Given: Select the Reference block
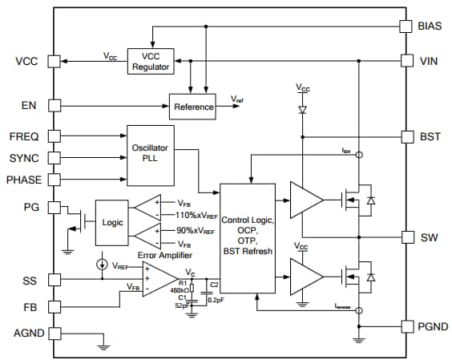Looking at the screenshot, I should (x=192, y=107).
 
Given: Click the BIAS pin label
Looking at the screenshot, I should (x=429, y=26).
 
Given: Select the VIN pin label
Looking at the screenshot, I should (x=428, y=61).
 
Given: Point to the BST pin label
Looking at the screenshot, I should (x=429, y=136).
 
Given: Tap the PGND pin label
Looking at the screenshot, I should (x=431, y=326).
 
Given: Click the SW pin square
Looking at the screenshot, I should (x=406, y=238).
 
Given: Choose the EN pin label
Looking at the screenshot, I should (x=29, y=105).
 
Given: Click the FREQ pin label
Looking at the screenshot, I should (x=24, y=136).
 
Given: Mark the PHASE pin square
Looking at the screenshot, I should (x=54, y=180).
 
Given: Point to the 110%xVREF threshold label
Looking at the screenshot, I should (x=196, y=215).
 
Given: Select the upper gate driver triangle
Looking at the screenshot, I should (x=305, y=197).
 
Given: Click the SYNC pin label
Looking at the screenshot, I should (x=24, y=158).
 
